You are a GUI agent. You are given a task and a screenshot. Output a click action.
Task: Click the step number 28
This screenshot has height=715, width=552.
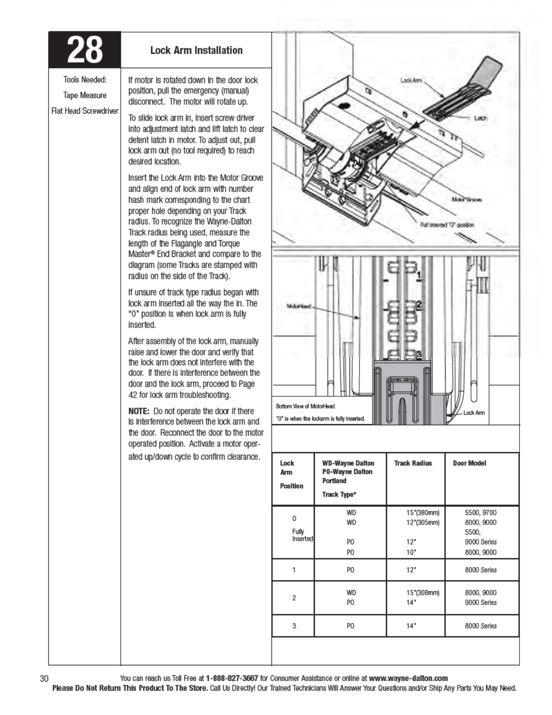pos(84,50)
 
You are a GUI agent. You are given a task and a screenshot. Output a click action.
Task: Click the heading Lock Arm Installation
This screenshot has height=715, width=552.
pos(196,50)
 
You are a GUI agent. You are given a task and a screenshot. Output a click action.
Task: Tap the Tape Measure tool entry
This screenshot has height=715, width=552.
pos(85,95)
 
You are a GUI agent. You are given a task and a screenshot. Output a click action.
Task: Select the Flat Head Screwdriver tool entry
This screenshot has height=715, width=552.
pos(85,111)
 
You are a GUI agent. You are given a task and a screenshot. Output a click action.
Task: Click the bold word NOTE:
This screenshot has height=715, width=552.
pos(138,411)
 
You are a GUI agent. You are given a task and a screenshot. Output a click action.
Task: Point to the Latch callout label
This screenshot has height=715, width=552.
pos(481,118)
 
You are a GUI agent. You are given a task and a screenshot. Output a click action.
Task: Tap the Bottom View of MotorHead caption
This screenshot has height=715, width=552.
pos(305,406)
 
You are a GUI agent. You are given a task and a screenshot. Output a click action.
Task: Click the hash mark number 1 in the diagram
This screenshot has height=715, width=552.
pos(419,274)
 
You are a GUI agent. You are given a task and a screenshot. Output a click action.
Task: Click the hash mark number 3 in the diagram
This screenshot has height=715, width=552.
pos(419,354)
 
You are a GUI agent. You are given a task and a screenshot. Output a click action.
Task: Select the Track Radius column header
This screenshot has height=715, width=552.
pos(413,463)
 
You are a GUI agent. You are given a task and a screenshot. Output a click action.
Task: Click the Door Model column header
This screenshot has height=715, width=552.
pos(469,463)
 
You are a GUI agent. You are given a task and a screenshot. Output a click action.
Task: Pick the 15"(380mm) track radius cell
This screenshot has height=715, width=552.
pos(423,513)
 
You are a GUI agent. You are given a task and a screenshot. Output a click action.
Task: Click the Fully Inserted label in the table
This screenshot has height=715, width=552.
pos(302,535)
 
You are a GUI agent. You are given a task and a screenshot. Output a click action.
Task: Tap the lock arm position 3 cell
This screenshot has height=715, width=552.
pos(294,626)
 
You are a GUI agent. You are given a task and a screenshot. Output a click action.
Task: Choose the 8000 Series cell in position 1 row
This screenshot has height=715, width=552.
pos(481,570)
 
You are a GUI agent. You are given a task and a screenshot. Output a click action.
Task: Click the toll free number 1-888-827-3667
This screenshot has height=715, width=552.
pos(232,678)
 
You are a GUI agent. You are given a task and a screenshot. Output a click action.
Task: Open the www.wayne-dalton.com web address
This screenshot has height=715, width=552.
pos(408,678)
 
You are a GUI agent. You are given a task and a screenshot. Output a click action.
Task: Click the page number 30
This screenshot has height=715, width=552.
pos(44,678)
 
